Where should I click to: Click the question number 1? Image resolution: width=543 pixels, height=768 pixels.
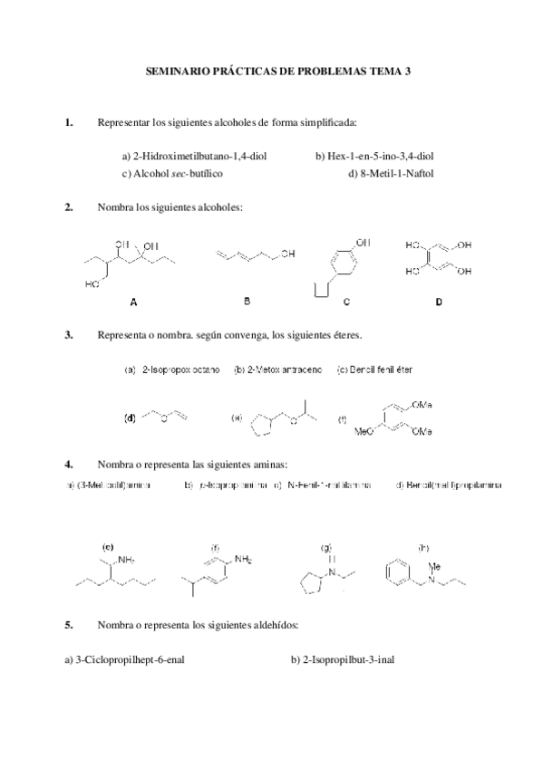coord(69,121)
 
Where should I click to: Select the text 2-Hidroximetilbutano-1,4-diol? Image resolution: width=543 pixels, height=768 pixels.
coord(194,155)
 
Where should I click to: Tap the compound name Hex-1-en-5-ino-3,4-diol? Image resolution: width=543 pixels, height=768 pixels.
coord(374,155)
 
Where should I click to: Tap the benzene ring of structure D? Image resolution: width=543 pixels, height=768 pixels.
coord(438,258)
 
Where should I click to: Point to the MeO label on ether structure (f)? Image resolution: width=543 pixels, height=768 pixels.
coord(366,432)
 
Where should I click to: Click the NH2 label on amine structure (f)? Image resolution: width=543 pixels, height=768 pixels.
coord(243,560)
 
